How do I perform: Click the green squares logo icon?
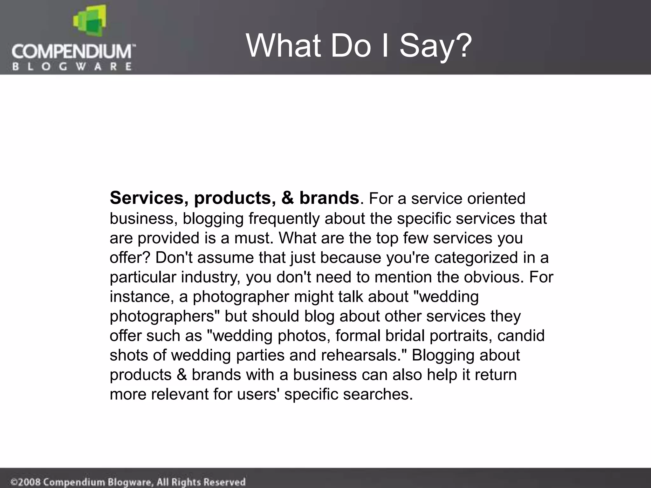pyautogui.click(x=89, y=23)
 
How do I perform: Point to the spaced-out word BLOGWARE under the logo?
pyautogui.click(x=72, y=66)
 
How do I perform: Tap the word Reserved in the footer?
pyautogui.click(x=224, y=482)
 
